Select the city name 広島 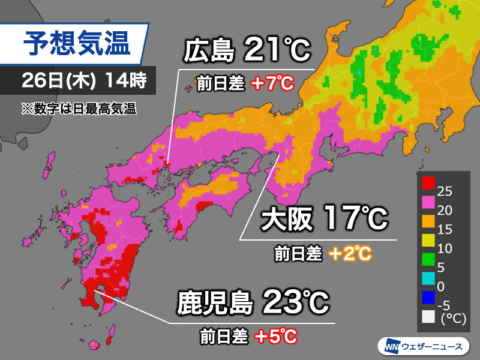tap(209, 52)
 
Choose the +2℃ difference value tap(350, 254)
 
